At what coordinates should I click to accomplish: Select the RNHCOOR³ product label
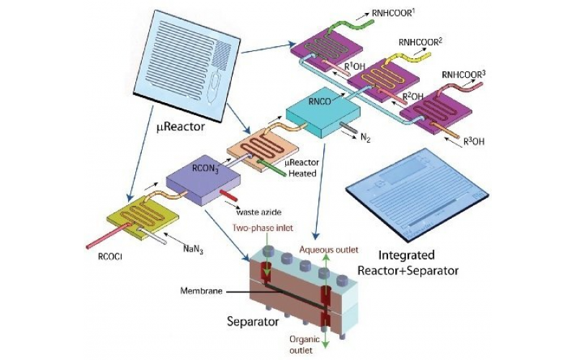coord(464,73)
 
